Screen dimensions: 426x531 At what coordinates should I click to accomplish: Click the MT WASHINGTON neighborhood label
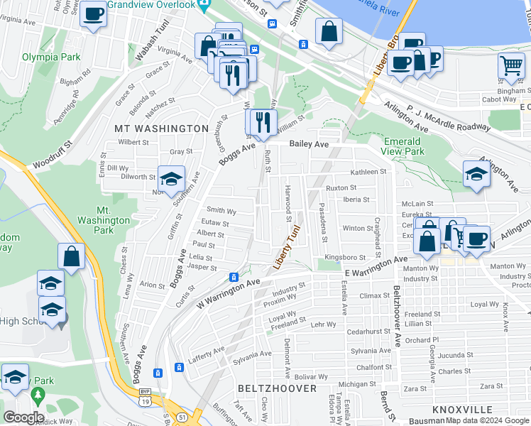coord(161,129)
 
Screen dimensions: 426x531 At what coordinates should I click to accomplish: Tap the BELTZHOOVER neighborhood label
coord(277,388)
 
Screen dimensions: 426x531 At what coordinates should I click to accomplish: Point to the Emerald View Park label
coord(403,146)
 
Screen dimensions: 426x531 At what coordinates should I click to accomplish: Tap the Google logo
coord(23,417)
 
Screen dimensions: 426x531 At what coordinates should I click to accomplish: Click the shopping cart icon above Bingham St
coord(511,66)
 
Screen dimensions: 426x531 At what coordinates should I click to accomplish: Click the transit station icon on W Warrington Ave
coord(233,277)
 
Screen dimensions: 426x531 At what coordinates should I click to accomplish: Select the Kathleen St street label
coord(368,172)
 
